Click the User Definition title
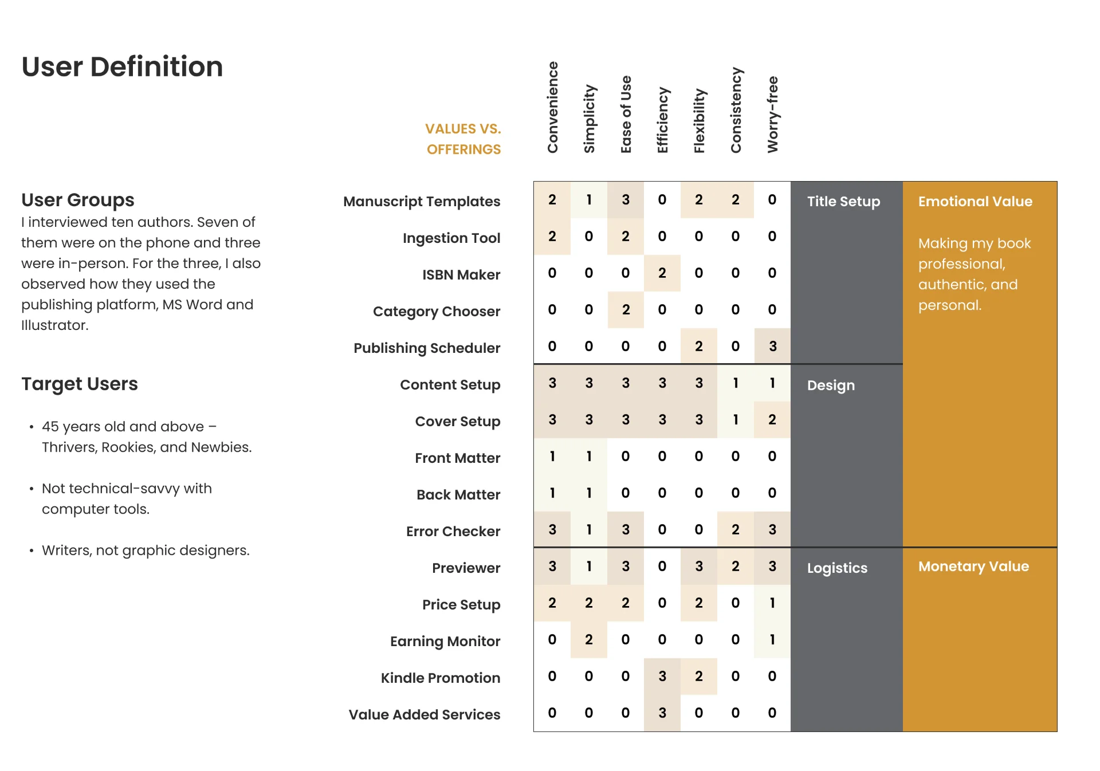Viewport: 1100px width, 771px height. pos(122,66)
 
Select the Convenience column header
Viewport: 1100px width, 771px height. pos(552,107)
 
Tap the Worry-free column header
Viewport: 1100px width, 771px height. pos(772,115)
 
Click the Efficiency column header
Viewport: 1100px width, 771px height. pos(662,120)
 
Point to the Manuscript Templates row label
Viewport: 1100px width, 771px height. pos(422,202)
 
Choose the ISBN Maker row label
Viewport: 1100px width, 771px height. pos(461,275)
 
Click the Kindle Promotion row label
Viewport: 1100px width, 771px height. pos(441,678)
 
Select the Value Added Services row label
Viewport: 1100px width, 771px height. pos(425,715)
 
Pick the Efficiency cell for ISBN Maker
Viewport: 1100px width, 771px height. pos(662,273)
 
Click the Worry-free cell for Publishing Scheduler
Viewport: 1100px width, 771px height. pos(772,347)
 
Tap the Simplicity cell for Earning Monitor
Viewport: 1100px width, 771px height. pos(589,640)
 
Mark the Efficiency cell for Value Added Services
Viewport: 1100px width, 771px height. pos(662,713)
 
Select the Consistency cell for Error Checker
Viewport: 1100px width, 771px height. pos(736,530)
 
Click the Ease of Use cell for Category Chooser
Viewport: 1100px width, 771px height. pos(626,310)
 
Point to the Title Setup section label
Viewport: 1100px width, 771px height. pos(843,202)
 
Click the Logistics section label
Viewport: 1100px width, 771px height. pos(837,568)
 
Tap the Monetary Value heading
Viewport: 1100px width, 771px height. pos(973,567)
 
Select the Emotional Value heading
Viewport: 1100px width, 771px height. pos(975,202)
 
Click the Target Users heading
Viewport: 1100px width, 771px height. pos(80,384)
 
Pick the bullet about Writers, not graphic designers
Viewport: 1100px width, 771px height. pos(146,550)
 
